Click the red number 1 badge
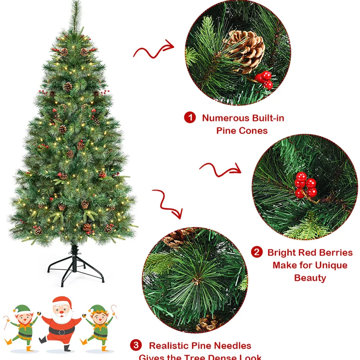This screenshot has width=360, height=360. (x=190, y=118)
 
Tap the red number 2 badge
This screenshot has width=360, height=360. (x=256, y=252)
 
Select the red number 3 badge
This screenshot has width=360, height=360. (x=135, y=346)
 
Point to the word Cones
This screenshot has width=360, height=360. (x=254, y=131)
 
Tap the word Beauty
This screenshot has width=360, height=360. (x=310, y=278)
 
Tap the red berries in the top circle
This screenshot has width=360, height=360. (x=265, y=79)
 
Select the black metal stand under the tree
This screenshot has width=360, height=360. (x=76, y=268)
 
